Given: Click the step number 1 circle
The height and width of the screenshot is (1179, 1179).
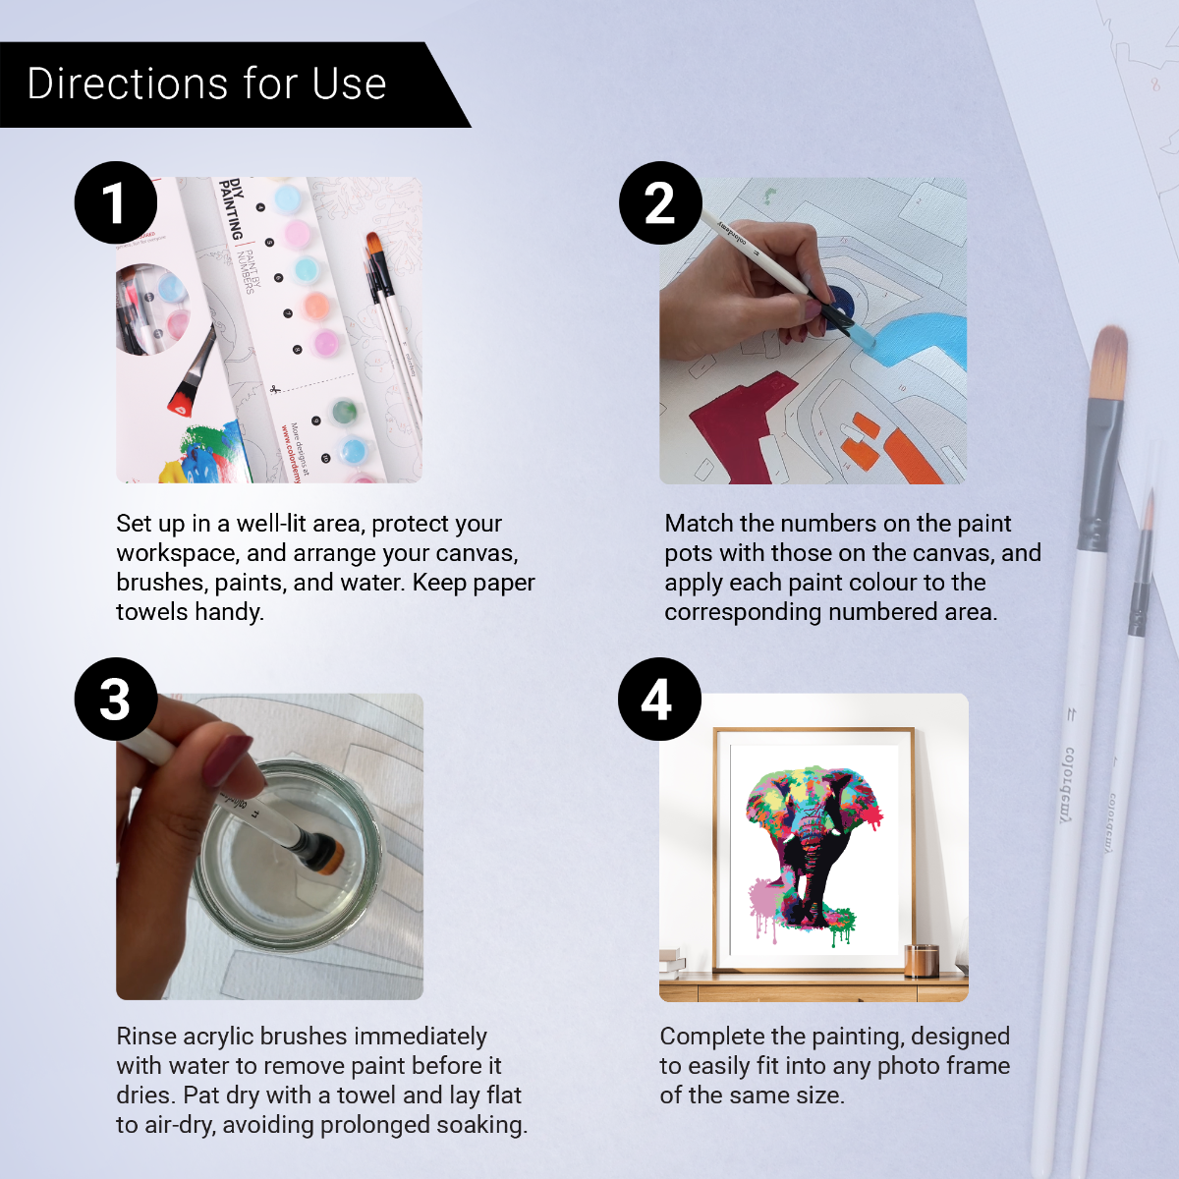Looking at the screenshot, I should coord(115,202).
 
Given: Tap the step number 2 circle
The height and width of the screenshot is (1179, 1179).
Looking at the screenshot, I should coord(659,202).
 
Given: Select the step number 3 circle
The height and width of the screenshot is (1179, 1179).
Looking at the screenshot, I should coord(115,699).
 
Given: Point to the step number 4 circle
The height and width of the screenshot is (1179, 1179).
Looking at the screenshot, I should coord(658,699).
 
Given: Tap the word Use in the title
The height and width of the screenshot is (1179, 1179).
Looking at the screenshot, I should coord(349,84).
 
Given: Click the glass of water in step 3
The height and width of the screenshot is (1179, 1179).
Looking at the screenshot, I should coord(285,855).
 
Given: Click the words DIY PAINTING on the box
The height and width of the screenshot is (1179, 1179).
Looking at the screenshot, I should coord(232,208).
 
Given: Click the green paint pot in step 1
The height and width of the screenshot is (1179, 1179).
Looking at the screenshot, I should coord(343,411).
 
